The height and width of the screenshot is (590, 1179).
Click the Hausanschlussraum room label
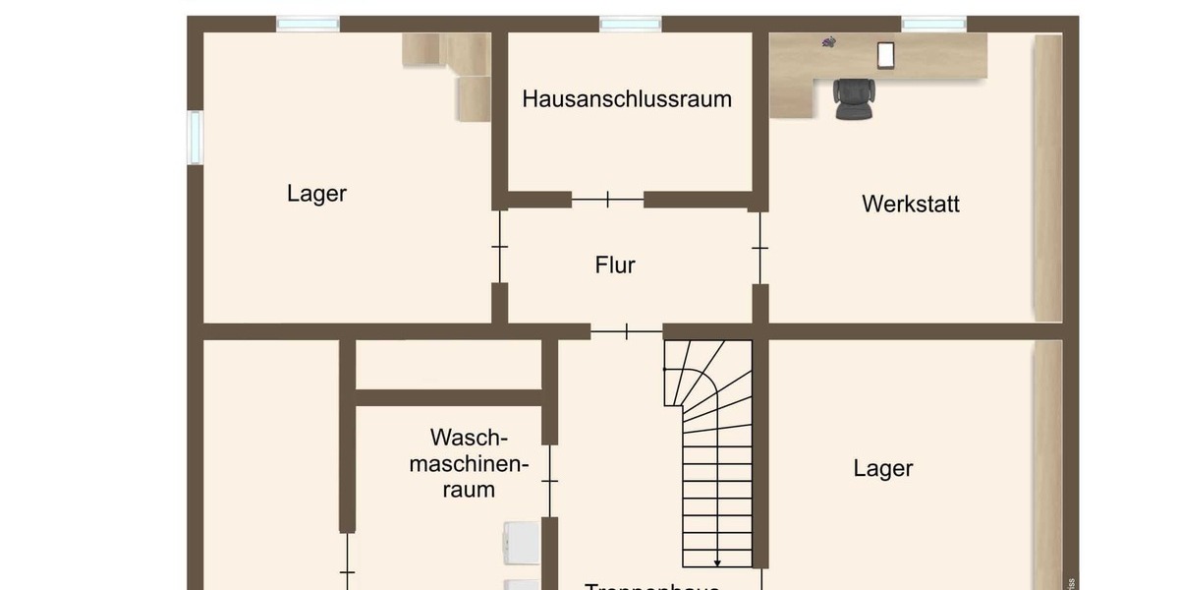(x=627, y=98)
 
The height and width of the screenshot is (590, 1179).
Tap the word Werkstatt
(x=911, y=204)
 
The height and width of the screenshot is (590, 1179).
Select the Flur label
(x=615, y=265)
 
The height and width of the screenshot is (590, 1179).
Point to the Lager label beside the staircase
(x=883, y=468)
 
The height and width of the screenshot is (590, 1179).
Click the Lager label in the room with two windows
(x=316, y=193)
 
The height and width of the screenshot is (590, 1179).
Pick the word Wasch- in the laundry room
(x=469, y=437)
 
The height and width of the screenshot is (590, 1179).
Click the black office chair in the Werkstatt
(x=852, y=98)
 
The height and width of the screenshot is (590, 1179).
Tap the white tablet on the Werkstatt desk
(x=885, y=55)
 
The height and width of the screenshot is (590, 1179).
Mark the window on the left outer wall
(x=195, y=138)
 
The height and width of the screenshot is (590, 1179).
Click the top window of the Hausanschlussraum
(x=630, y=24)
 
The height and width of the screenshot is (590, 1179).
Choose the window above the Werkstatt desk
(x=933, y=24)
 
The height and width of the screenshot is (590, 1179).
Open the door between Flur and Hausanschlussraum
(x=607, y=200)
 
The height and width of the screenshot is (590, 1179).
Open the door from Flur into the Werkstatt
(x=759, y=247)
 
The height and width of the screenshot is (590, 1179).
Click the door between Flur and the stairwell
(x=626, y=332)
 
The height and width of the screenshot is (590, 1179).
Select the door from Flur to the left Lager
(x=499, y=246)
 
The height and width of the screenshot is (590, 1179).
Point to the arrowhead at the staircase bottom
(x=717, y=562)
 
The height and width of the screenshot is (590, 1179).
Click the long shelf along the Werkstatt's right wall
(x=1047, y=177)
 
